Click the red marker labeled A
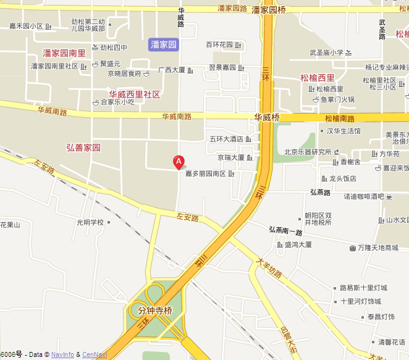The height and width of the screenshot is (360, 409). pos(179,162)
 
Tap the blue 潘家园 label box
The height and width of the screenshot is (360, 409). pos(164,44)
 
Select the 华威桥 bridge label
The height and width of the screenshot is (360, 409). pos(267,117)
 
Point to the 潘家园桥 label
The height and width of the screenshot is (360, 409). pos(269,10)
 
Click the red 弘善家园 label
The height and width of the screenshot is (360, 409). pos(83,148)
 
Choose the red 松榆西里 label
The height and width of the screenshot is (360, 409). pos(317,78)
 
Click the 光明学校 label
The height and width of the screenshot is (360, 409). pos(90,222)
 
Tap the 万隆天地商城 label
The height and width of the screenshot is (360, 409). pos(378,248)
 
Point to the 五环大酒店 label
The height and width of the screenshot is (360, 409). pos(227,139)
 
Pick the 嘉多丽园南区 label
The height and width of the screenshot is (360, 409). pos(206,174)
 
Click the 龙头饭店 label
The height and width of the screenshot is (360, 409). pos(342,178)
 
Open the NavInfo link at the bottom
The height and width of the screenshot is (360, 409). pos(62,354)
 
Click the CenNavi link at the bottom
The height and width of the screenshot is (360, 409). pos(95,354)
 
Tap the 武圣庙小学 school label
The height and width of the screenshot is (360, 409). pos(326,53)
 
